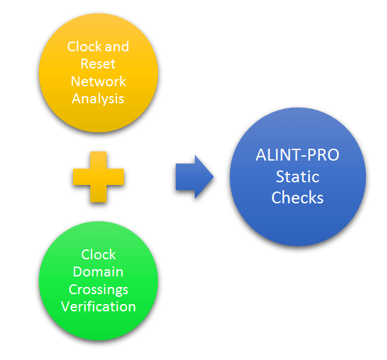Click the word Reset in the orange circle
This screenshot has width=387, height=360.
99,64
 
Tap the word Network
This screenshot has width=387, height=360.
99,82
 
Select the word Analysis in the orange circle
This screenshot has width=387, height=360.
99,99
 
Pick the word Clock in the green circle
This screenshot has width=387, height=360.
99,255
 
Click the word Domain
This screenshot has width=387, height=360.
99,272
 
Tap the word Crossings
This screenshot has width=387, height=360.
99,289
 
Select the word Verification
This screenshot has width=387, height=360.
99,306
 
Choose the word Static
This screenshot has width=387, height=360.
297,177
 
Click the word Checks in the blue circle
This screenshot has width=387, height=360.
297,197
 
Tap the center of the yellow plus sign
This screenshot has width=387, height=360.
99,176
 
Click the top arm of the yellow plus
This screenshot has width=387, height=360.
99,158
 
